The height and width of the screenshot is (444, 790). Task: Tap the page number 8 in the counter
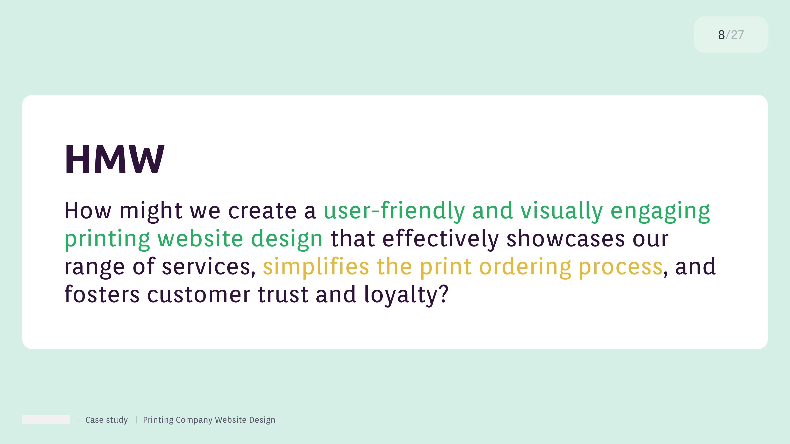[x=721, y=35]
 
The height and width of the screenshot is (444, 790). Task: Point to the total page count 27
[x=737, y=35]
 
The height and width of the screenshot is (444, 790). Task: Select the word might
[x=151, y=212]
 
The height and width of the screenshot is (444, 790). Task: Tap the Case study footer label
[x=106, y=420]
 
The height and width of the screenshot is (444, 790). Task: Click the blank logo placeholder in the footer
[x=46, y=420]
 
